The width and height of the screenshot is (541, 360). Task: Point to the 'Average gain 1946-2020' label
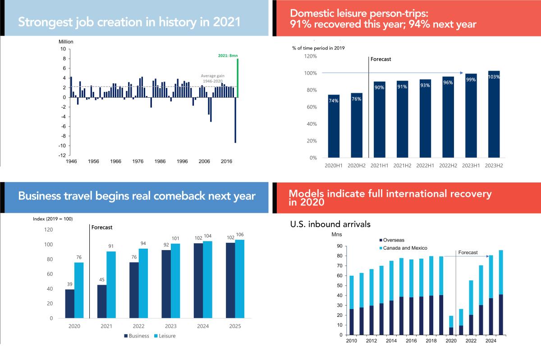(212, 78)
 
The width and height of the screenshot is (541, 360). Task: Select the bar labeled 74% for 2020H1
(334, 126)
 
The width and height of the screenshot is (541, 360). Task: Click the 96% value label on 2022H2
(448, 82)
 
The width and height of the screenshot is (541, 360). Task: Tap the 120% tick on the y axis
(311, 56)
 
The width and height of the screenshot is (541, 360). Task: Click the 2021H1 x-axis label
(379, 165)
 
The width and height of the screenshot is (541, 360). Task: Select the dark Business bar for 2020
(69, 304)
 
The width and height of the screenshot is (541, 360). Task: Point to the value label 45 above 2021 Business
(102, 279)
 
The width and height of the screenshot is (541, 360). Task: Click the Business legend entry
(136, 336)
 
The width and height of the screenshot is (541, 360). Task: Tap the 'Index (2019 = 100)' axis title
(53, 219)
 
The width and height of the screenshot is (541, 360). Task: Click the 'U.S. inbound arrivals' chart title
(330, 224)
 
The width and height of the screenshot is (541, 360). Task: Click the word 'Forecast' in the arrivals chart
(468, 253)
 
